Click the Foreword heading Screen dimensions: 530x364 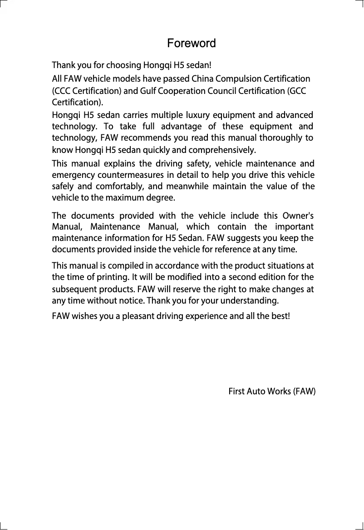click(x=191, y=44)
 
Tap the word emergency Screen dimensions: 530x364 click(x=70, y=175)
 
